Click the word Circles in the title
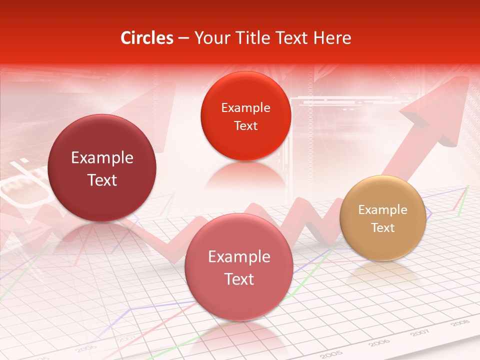click(x=146, y=38)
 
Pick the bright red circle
click(x=245, y=116)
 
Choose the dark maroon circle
click(x=102, y=168)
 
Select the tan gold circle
click(x=382, y=218)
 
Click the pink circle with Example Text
click(x=239, y=267)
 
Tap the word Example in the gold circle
click(x=382, y=209)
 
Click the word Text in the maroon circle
click(x=102, y=180)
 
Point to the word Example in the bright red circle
click(x=245, y=107)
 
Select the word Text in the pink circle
click(x=239, y=279)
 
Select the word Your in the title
click(x=211, y=38)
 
